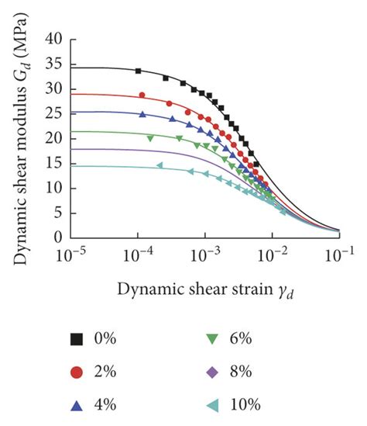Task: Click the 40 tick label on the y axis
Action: coord(53,39)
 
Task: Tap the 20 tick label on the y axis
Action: coord(53,138)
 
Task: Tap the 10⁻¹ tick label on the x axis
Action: coord(338,254)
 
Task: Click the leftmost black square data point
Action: coord(139,71)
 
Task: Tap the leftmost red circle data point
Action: coord(142,95)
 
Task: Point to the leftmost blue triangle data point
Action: coord(142,114)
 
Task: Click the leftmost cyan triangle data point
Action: coord(159,165)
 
